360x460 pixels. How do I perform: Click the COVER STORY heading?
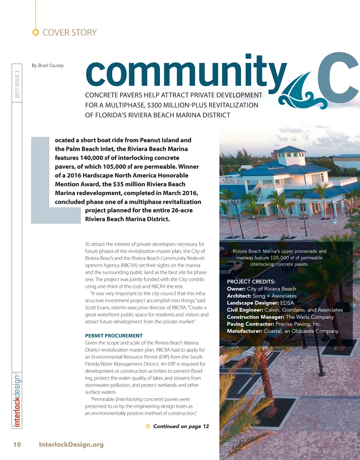coord(69,32)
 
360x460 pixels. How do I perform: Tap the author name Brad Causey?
coord(51,65)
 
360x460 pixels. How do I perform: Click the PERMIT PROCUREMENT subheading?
coord(114,336)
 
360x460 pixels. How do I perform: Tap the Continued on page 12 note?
coord(181,426)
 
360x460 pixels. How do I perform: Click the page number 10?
coord(17,444)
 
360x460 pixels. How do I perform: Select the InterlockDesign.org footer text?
coord(71,444)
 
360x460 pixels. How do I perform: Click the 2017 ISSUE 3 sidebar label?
coord(17,84)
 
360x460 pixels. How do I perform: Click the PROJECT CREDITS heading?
coord(251,282)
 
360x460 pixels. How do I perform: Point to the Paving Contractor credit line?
coord(274,324)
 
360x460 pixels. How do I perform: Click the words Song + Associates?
coord(274,296)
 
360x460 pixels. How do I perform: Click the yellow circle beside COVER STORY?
coord(36,32)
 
